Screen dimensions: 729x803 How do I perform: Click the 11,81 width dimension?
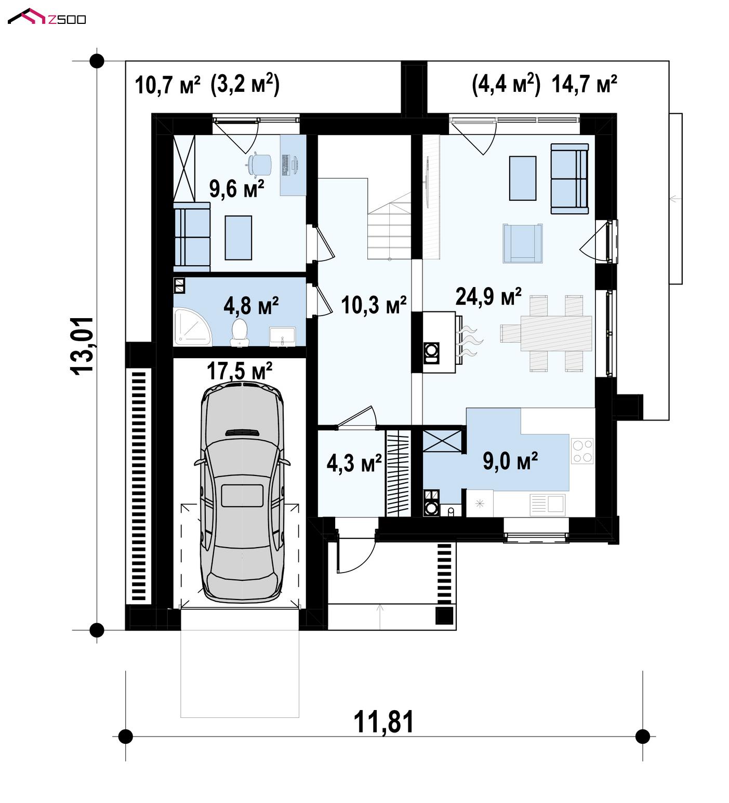(384, 722)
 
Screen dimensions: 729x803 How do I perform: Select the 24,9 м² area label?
(488, 297)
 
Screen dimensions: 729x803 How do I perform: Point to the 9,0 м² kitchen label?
(510, 460)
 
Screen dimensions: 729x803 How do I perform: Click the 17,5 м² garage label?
(240, 371)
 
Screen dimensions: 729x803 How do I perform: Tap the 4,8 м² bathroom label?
(251, 306)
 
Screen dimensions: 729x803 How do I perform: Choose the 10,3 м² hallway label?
(374, 305)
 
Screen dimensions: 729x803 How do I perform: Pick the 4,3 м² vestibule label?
(354, 463)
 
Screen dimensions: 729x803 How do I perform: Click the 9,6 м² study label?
(237, 188)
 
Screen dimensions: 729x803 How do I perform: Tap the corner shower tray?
(193, 326)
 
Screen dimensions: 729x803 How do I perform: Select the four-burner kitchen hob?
(582, 451)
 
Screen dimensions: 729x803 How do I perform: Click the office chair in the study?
(259, 164)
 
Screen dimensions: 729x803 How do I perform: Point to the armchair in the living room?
(523, 243)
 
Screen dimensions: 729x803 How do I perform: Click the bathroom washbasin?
(282, 336)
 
